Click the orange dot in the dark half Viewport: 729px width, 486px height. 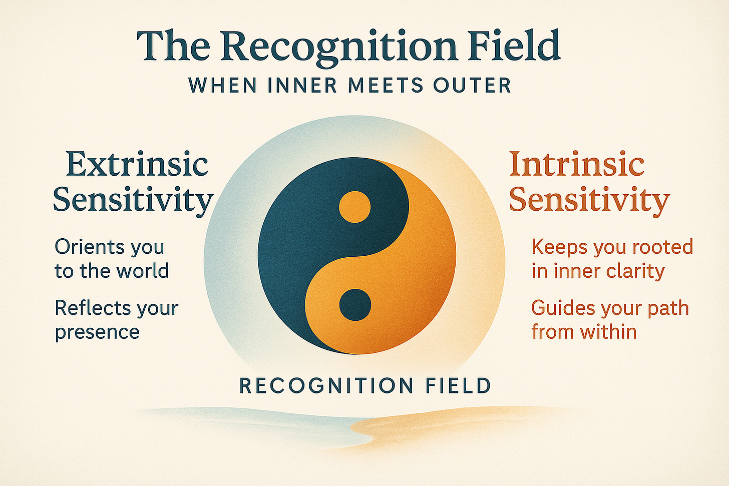click(x=355, y=207)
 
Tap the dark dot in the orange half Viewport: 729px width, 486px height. click(x=355, y=305)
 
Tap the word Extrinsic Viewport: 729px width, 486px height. click(x=137, y=164)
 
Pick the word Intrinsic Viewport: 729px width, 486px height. click(x=577, y=164)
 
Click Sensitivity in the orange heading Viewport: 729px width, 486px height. click(x=589, y=200)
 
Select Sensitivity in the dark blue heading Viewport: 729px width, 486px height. click(x=133, y=200)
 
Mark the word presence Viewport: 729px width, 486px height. click(x=97, y=332)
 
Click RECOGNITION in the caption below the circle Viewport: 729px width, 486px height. click(x=326, y=386)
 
